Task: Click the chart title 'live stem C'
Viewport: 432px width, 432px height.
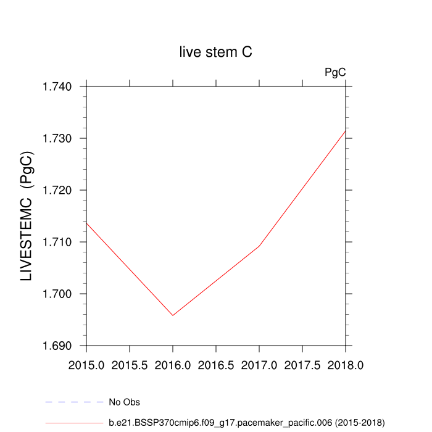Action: coord(215,53)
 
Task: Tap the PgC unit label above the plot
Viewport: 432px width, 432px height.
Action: coord(335,72)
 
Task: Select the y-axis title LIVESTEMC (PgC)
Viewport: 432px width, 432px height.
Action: coord(27,217)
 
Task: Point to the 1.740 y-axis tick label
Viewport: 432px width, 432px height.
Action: coord(58,86)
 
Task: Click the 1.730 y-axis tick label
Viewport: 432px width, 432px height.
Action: coord(58,138)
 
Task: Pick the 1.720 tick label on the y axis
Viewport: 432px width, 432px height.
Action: coord(58,190)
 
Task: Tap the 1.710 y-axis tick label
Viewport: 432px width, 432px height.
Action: coord(58,242)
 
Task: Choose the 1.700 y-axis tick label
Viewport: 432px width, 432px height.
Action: coord(58,294)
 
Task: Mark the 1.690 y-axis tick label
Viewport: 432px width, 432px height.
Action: coord(58,346)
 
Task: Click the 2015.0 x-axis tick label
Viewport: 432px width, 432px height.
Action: coord(86,365)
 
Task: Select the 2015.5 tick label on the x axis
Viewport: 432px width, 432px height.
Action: coord(130,365)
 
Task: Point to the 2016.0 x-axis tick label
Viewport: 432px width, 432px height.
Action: coord(173,365)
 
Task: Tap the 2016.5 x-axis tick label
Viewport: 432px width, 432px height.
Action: coord(216,365)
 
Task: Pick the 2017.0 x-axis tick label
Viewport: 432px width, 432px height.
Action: coord(259,365)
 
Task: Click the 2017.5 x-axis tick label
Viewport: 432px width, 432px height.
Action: coord(302,365)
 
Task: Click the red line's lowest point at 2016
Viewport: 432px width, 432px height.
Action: coord(173,315)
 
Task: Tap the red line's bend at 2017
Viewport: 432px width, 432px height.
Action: coord(259,246)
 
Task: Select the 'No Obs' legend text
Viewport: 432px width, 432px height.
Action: coord(124,402)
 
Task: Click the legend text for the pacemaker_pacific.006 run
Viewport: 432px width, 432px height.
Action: coord(246,423)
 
